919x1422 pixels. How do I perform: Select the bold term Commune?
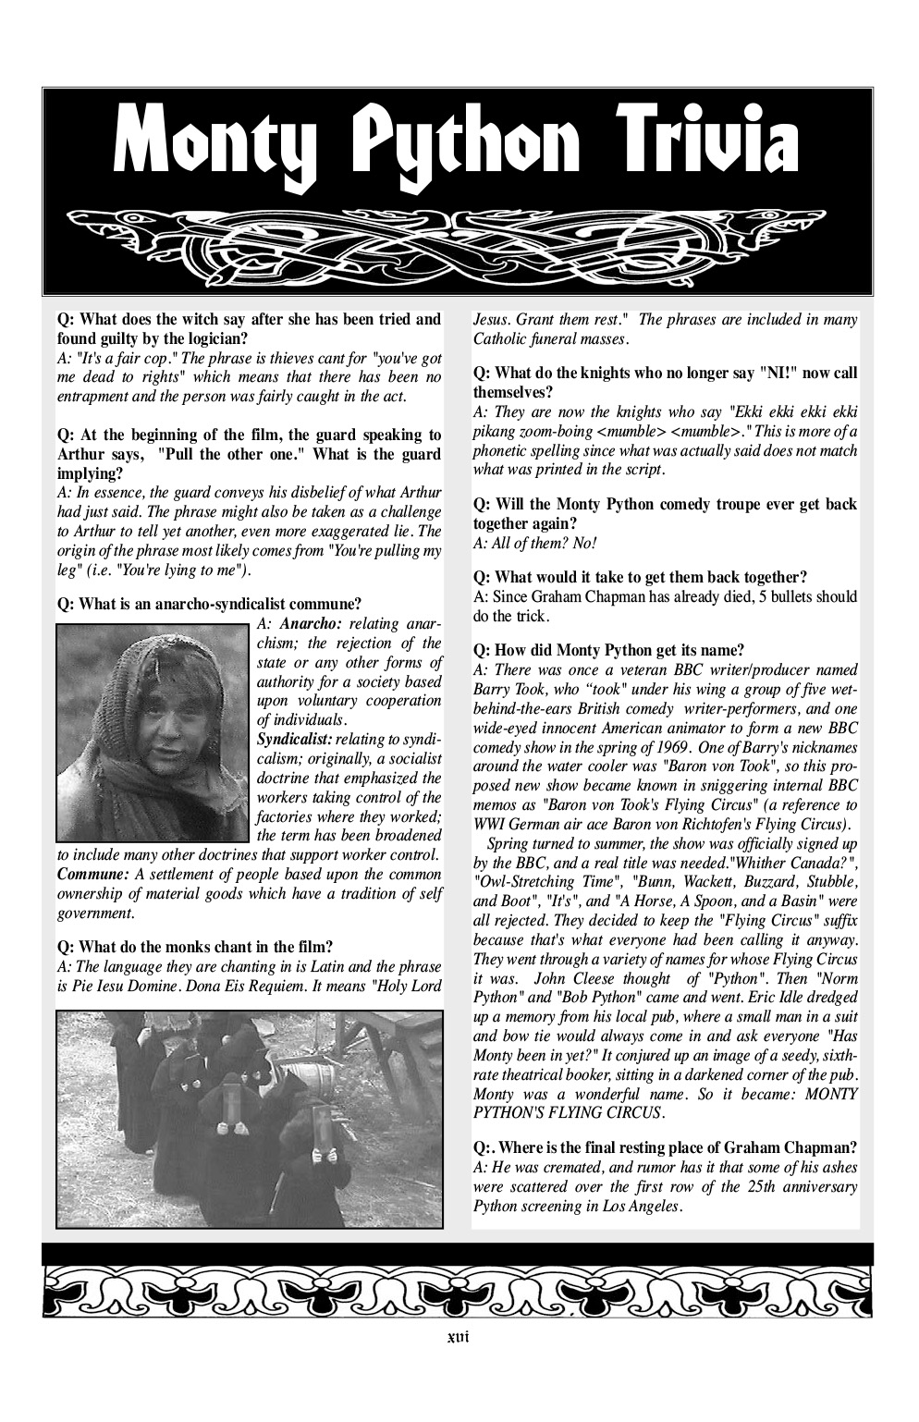click(92, 874)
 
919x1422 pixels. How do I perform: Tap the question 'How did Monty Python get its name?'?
click(608, 649)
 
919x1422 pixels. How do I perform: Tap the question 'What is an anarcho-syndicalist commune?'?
click(209, 605)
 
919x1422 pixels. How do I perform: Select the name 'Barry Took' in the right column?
click(508, 689)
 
